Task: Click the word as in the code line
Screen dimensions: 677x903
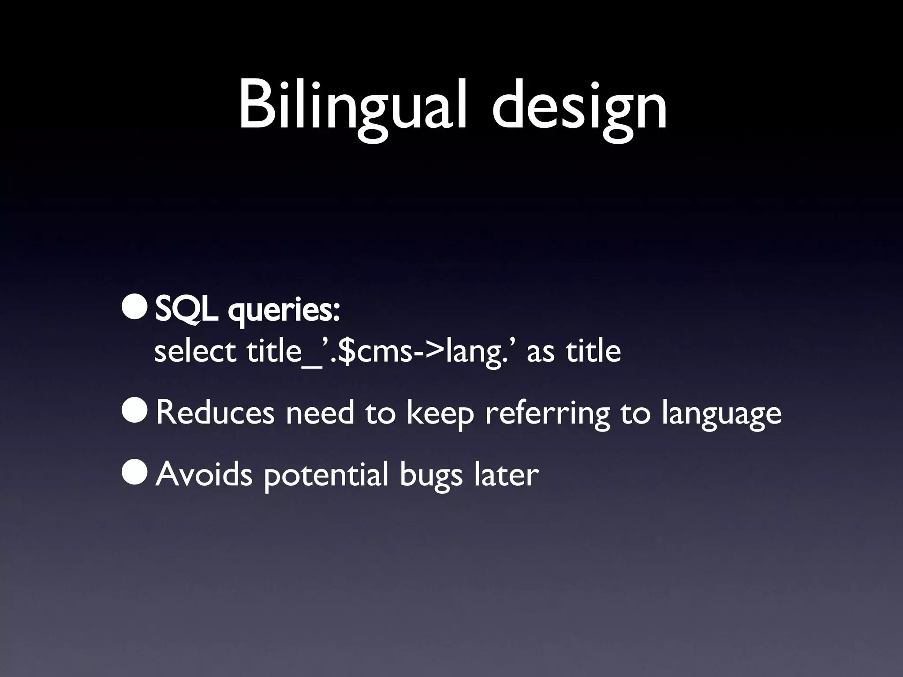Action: tap(541, 353)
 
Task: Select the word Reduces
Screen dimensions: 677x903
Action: tap(215, 413)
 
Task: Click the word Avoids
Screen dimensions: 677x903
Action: tap(204, 474)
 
